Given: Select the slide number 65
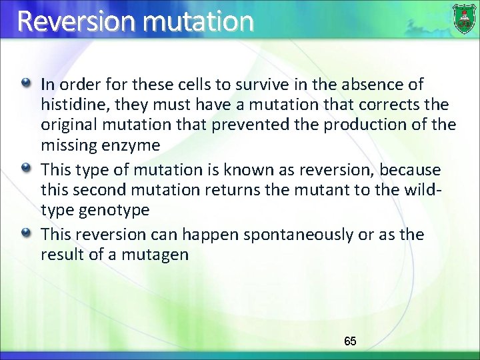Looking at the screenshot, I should [350, 341].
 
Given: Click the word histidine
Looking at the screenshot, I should [69, 105].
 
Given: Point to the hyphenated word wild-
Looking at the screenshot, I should [425, 191].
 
